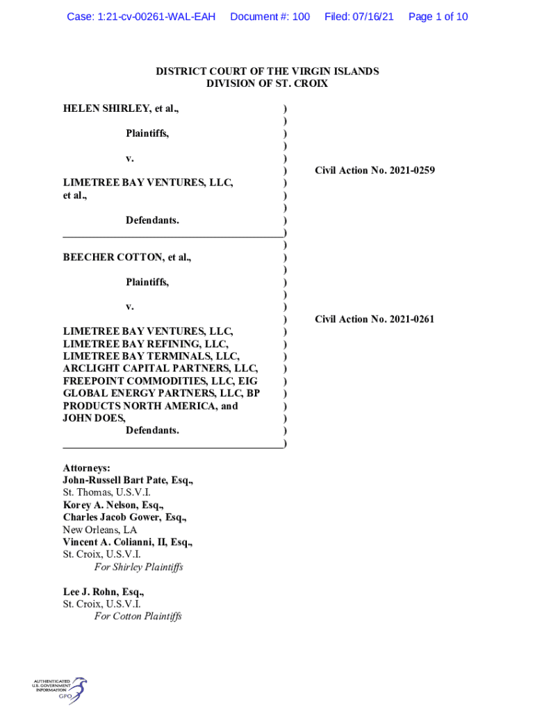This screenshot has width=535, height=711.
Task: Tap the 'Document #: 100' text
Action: [x=270, y=16]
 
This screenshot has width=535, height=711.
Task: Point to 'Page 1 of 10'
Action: [x=438, y=16]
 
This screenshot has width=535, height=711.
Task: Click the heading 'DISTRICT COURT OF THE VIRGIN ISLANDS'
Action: [x=267, y=72]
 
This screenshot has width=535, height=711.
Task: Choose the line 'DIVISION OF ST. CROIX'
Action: [x=267, y=84]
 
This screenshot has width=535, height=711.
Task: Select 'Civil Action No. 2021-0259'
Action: [x=374, y=170]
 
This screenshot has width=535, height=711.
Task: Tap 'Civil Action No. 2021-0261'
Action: [x=374, y=319]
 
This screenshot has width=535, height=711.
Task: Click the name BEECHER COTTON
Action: [x=110, y=257]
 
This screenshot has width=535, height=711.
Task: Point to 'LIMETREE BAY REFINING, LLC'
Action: [x=146, y=344]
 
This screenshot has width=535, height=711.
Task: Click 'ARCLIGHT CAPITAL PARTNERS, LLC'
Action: [x=160, y=368]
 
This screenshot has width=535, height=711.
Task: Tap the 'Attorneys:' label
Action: [x=86, y=469]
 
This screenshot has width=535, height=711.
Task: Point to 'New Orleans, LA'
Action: [x=99, y=530]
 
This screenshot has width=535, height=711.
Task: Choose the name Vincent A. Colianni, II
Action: [x=115, y=542]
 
